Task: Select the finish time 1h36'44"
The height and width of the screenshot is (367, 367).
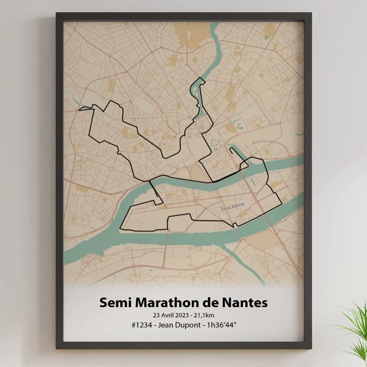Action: tap(225, 325)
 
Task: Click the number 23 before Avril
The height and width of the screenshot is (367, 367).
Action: tap(157, 315)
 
